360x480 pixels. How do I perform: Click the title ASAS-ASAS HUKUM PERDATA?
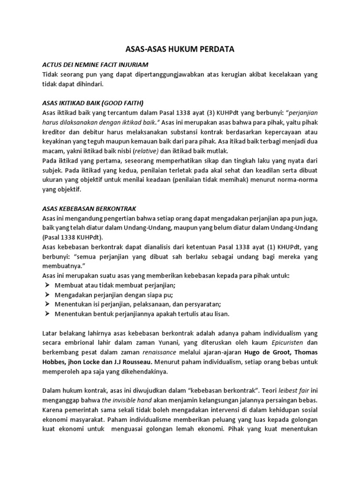[180, 49]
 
